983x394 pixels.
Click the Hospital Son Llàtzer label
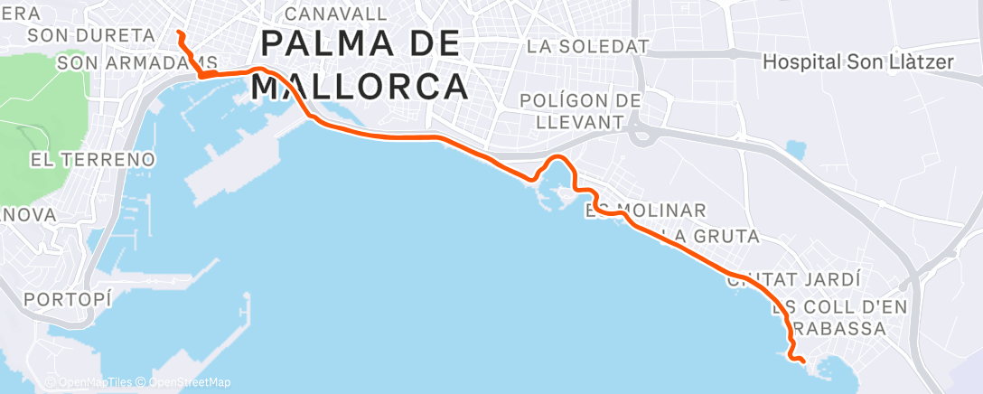[x=858, y=62]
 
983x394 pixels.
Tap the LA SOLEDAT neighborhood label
[x=588, y=45]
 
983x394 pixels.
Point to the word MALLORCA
[x=360, y=87]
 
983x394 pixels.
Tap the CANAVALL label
[x=335, y=14]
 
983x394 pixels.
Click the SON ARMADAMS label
[x=136, y=63]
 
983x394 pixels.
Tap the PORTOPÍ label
[x=69, y=299]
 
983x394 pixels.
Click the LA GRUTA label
[x=709, y=237]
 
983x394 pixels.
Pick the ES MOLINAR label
[x=646, y=211]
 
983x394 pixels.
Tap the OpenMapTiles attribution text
[x=90, y=383]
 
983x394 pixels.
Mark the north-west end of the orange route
[x=179, y=33]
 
